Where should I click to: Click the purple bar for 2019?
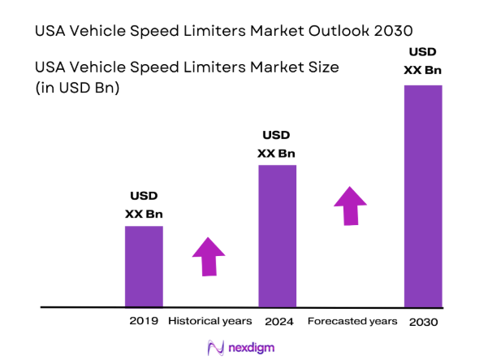point(144,266)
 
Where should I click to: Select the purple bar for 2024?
point(277,236)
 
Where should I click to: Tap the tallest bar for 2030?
point(423,195)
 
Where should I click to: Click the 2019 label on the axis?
point(144,321)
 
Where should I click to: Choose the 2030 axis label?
point(423,322)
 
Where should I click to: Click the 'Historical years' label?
point(209,321)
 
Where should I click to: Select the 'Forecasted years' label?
point(352,321)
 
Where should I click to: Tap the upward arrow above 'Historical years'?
point(208,258)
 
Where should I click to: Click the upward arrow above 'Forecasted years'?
point(351,206)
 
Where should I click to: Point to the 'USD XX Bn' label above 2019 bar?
point(144,205)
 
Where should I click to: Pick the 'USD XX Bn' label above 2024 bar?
point(277,144)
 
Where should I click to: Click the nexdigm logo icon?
point(216,347)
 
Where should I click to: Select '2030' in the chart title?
point(390,30)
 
